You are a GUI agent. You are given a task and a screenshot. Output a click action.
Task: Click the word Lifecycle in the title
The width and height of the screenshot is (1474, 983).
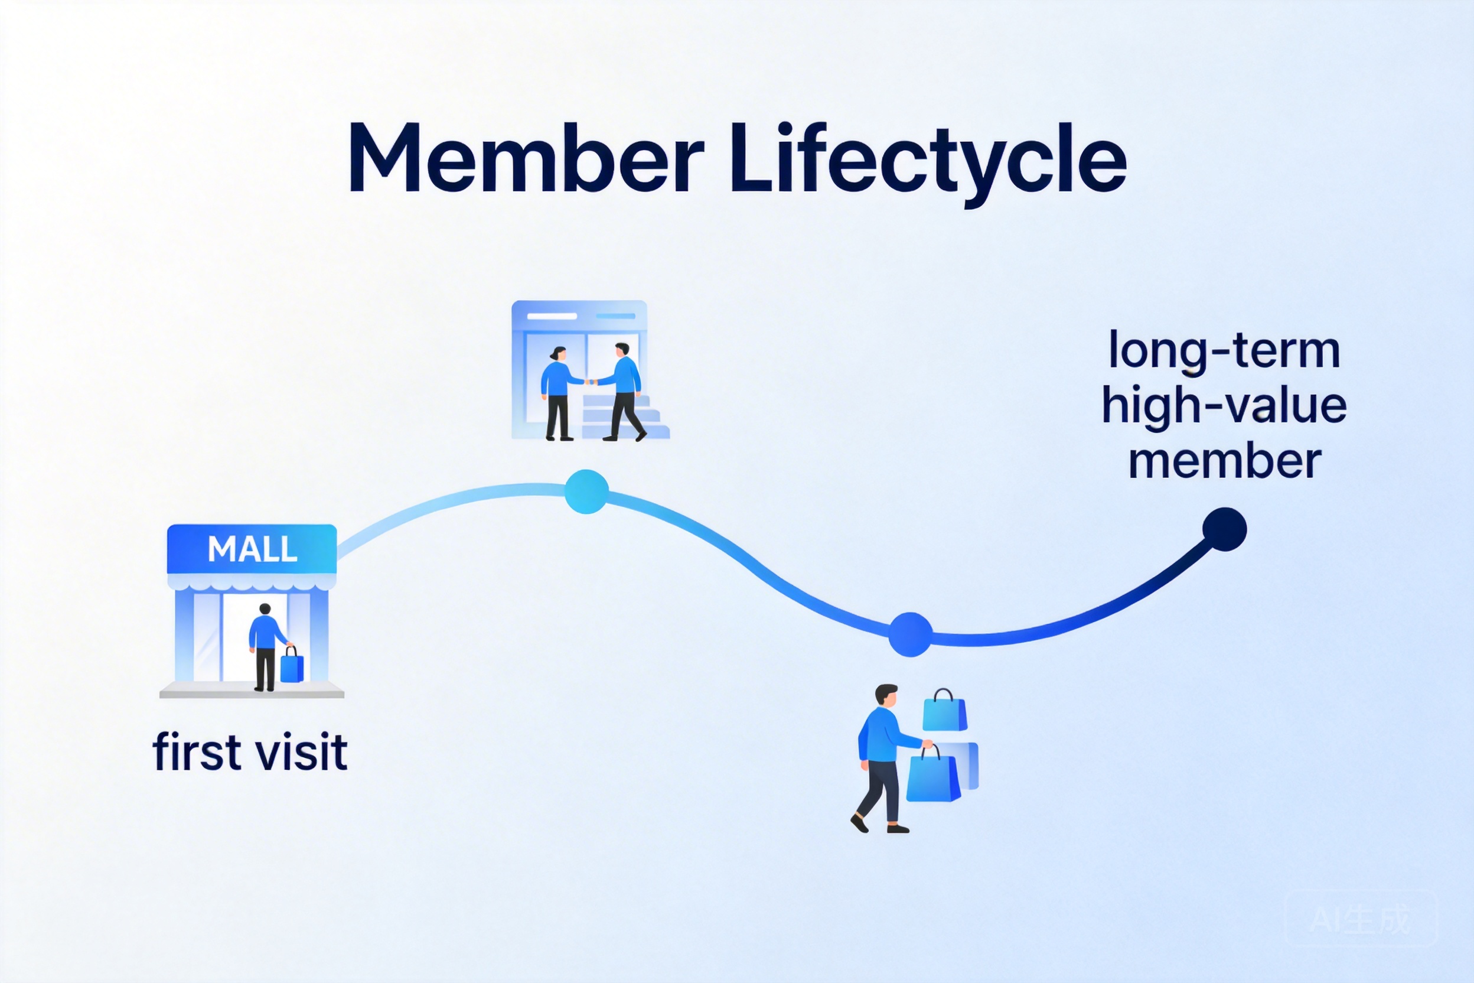(x=928, y=160)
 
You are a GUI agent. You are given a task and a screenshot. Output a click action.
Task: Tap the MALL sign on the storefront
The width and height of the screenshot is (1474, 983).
(x=252, y=550)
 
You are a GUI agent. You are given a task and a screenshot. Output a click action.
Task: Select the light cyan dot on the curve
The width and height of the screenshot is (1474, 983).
(x=586, y=491)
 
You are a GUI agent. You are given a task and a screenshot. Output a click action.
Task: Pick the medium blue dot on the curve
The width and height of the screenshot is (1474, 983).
(x=910, y=634)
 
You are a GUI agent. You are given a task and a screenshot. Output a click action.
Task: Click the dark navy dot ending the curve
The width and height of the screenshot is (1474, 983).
(x=1225, y=529)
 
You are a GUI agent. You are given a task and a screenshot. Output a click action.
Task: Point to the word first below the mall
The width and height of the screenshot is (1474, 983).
(x=197, y=751)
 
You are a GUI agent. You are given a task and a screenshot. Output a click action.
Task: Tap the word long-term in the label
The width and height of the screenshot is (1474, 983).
(x=1224, y=351)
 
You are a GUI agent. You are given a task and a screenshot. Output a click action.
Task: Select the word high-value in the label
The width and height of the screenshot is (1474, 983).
(x=1224, y=406)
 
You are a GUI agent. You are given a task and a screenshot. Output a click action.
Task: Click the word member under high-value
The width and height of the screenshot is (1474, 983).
(x=1225, y=461)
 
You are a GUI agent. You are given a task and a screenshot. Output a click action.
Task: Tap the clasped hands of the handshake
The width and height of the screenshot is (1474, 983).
(x=589, y=381)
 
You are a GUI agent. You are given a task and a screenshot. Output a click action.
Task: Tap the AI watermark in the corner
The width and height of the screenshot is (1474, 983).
(x=1360, y=920)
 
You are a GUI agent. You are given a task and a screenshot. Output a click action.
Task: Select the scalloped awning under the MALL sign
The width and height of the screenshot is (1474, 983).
(x=252, y=582)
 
